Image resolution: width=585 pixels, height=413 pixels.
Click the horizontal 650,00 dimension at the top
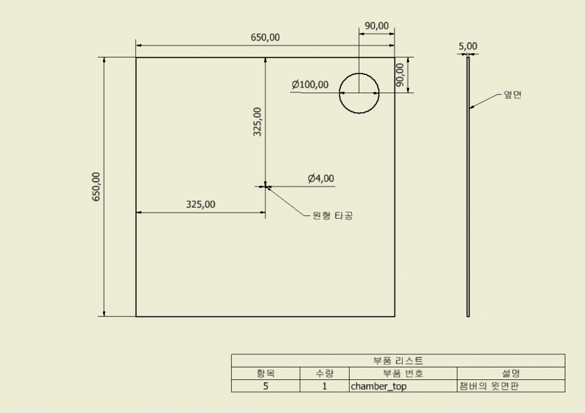(265, 37)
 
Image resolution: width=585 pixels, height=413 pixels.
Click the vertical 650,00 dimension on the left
(96, 187)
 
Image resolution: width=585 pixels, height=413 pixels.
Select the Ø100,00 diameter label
(310, 84)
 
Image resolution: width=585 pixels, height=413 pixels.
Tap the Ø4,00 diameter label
(321, 178)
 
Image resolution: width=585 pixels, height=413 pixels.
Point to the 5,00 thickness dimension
(468, 46)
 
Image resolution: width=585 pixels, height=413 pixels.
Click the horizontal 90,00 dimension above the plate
(376, 26)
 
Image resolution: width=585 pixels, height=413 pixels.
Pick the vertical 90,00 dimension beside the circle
(399, 75)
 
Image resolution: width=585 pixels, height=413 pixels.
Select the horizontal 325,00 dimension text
(200, 204)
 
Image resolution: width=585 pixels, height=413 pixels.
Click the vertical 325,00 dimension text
(257, 122)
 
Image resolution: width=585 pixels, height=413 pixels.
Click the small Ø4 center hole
(266, 187)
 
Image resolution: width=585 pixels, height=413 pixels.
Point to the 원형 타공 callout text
(332, 215)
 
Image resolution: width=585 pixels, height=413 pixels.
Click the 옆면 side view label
(513, 95)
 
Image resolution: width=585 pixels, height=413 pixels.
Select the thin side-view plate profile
(468, 187)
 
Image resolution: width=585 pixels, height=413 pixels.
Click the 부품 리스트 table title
(398, 360)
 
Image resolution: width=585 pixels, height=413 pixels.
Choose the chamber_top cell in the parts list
(379, 386)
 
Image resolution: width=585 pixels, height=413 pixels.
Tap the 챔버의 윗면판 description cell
(489, 386)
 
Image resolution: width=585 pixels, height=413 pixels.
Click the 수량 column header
(324, 373)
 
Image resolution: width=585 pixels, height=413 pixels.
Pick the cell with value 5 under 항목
(266, 386)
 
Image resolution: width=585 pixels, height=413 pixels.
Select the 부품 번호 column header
(403, 373)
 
